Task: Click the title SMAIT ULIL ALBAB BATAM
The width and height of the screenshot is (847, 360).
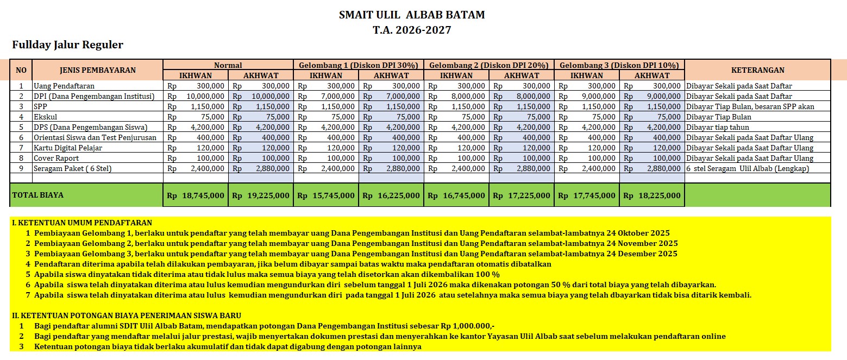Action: tap(412, 15)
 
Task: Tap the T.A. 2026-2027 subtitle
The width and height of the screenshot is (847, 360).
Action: tap(412, 30)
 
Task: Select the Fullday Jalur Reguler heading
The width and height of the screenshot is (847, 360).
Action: tap(68, 45)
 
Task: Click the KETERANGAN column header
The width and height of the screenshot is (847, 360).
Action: tap(757, 70)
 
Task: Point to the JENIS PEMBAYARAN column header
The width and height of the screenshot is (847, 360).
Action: tap(98, 70)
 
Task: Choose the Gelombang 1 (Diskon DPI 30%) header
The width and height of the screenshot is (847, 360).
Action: tap(359, 65)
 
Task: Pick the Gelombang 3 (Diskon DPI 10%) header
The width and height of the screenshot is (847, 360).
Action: tap(619, 65)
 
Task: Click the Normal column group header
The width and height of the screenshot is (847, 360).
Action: tap(228, 65)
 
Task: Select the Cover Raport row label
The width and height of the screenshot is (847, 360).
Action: tap(57, 158)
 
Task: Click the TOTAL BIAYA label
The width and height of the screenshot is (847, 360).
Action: tap(39, 195)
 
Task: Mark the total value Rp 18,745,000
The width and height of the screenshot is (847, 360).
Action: tap(196, 195)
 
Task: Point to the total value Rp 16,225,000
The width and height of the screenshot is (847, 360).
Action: tap(391, 195)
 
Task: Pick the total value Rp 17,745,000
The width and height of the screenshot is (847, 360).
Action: tap(587, 195)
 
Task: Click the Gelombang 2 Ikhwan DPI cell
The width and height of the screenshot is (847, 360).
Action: tap(456, 96)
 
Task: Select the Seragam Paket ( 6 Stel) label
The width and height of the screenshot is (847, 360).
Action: tap(73, 168)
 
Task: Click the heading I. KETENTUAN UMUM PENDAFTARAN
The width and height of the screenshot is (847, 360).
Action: tap(82, 223)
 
